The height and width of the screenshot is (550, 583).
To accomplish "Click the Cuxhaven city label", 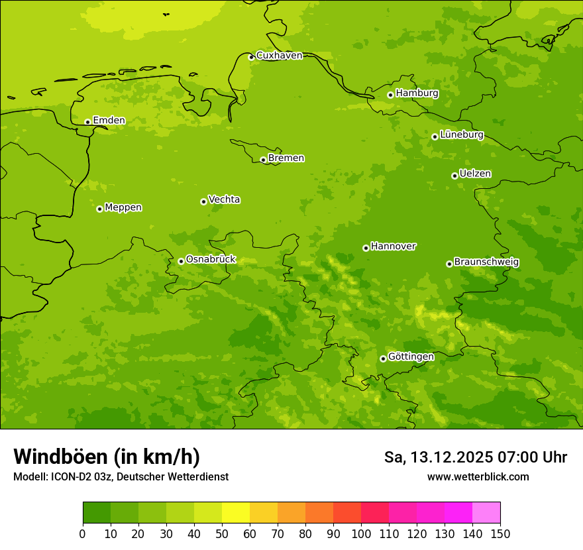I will pos(279,56).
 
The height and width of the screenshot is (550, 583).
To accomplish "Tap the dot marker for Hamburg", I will pos(391,95).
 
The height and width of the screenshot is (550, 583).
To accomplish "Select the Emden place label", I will pos(109,121).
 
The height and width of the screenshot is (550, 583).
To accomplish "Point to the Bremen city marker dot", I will pos(263,160).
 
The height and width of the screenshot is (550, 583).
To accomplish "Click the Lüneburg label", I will pos(461,135).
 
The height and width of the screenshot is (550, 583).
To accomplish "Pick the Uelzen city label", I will pos(474,174).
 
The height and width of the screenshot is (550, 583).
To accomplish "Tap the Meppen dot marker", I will pos(100,209).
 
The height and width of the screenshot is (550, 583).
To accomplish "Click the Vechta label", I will pos(224,199).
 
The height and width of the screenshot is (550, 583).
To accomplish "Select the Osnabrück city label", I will pos(211,260).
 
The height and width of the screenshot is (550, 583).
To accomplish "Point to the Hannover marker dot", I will pos(366,248).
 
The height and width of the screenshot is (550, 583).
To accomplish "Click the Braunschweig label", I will pos(486,262).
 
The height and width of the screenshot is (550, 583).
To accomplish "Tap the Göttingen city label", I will pos(411,357).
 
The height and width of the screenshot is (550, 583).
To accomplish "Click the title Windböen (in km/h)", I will pos(107,457).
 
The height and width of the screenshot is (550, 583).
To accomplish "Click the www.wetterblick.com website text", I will pos(478,477).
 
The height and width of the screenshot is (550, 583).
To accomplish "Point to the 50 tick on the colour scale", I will pos(222,533).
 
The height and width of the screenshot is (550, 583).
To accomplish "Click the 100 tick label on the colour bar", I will pos(361,533).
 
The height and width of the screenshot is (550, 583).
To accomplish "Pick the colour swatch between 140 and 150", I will pos(486,513).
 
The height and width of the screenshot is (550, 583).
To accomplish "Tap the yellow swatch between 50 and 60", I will pos(236,513).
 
